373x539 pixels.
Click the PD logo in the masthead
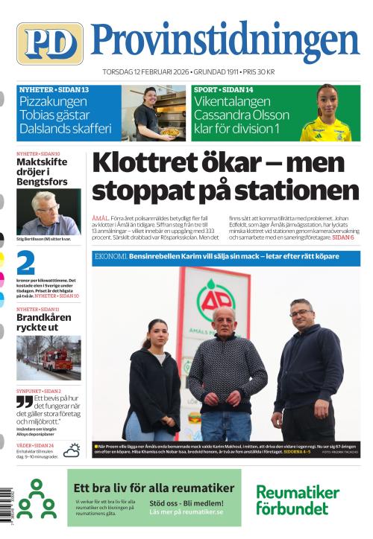(49, 43)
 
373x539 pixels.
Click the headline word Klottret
(154, 162)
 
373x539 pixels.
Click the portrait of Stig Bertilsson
(48, 211)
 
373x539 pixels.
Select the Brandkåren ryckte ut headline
(43, 322)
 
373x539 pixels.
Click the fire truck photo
(48, 358)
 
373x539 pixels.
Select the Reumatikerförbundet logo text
(297, 500)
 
